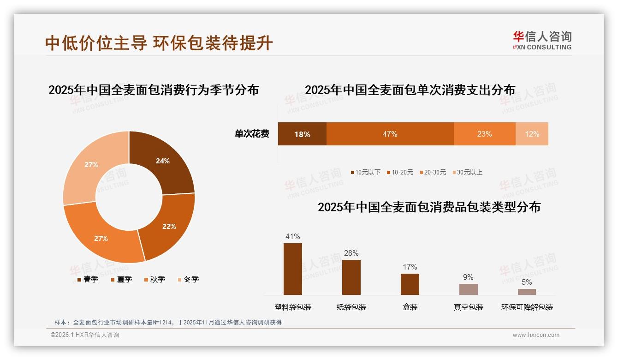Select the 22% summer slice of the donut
[168, 226]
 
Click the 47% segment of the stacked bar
[390, 134]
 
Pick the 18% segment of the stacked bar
[302, 134]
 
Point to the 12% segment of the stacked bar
[532, 134]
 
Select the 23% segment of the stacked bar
[484, 134]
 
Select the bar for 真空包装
[468, 289]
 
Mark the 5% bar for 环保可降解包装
[527, 292]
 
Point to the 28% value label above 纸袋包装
[351, 253]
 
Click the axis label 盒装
[410, 307]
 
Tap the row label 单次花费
[252, 134]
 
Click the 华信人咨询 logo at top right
[542, 40]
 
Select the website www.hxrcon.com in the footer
[536, 335]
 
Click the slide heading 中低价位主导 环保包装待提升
[159, 43]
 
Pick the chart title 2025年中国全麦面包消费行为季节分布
[154, 90]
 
